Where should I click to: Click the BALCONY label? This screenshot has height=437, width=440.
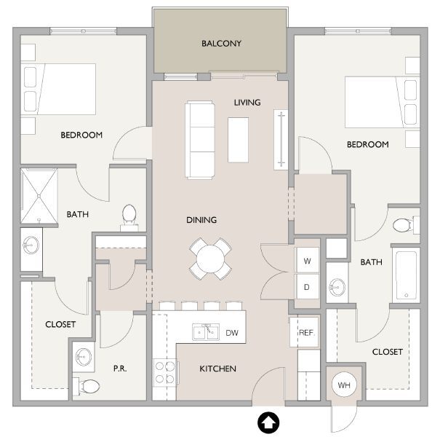tap(221, 44)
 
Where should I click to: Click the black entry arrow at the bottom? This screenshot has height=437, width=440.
tap(268, 421)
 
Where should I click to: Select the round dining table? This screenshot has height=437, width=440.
tap(211, 258)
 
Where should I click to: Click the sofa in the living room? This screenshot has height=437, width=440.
tap(201, 139)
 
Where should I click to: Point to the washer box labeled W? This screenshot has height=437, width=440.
tap(307, 261)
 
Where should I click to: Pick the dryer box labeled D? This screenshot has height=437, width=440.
tap(307, 286)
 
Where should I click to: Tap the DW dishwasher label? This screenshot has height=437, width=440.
tap(232, 333)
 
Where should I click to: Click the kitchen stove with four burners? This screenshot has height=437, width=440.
tap(166, 372)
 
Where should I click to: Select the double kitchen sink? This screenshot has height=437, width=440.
tap(204, 332)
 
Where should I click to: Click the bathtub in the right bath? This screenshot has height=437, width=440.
tap(406, 276)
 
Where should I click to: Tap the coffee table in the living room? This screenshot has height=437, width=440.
tap(238, 139)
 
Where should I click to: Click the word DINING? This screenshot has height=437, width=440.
tap(201, 220)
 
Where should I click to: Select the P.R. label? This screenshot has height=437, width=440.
tap(120, 369)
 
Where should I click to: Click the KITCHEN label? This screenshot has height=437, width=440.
tap(217, 369)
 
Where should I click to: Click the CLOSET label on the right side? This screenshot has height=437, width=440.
tap(387, 352)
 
